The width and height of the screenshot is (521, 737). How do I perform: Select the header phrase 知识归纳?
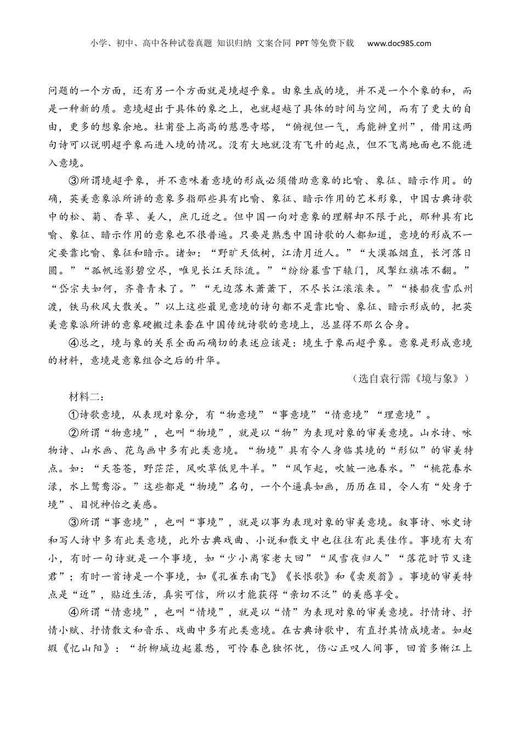coord(234,43)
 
